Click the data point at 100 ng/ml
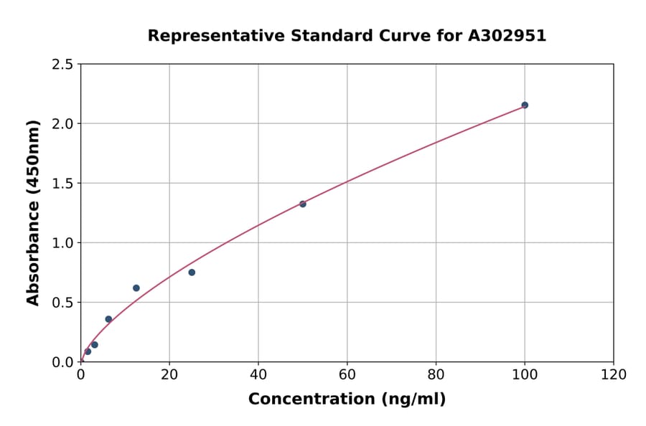tap(525, 105)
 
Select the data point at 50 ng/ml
tap(303, 204)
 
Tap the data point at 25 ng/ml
tap(192, 272)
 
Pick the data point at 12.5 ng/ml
tap(136, 288)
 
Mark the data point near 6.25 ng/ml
tap(108, 319)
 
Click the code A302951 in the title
tap(508, 36)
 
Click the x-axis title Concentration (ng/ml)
tap(347, 399)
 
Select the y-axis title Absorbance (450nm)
tap(33, 212)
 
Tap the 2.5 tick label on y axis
tap(62, 65)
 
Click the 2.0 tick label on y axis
tap(62, 124)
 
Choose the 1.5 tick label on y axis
tap(62, 184)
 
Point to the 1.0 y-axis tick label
tap(62, 243)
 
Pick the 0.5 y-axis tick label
tap(62, 303)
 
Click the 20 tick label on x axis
tap(169, 374)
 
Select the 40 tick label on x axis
tap(258, 374)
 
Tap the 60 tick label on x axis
tap(347, 374)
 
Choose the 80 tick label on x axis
tap(436, 374)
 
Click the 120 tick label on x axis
tap(614, 374)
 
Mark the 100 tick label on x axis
tap(525, 374)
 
